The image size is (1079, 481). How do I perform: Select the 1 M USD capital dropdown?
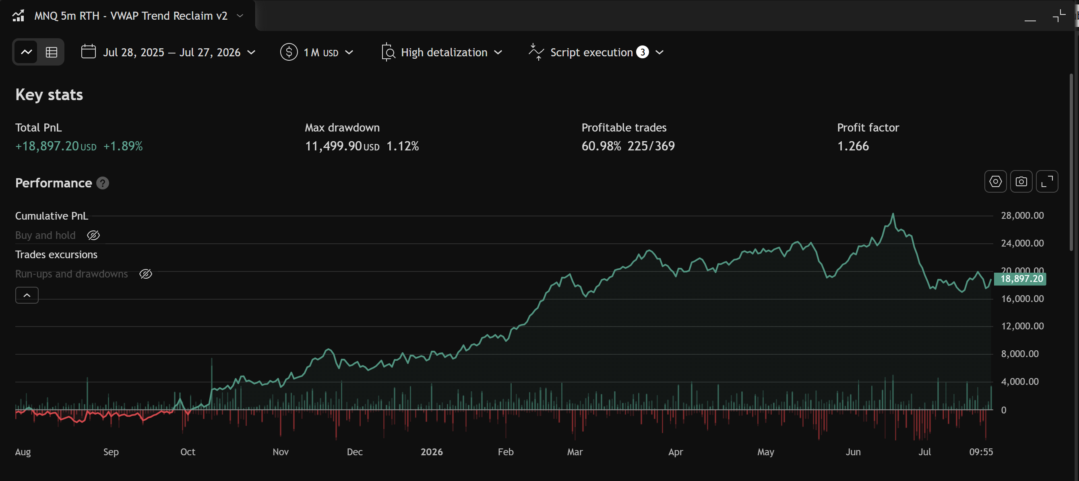pos(317,52)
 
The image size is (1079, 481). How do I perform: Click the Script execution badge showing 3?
pos(643,52)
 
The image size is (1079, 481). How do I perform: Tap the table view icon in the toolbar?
pos(52,52)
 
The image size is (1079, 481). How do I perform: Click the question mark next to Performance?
pos(103,183)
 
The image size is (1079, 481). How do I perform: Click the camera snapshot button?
pos(1021,181)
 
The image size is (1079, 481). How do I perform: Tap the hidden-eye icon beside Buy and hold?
pos(93,236)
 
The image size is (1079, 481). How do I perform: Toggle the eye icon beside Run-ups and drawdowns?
pos(146,274)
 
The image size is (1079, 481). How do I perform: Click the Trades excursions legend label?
pos(56,255)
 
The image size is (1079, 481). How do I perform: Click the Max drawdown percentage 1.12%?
pos(403,146)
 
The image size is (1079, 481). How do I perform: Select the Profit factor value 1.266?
pos(853,146)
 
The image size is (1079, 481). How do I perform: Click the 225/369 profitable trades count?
pos(651,146)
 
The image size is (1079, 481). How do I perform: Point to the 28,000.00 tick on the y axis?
pos(1022,216)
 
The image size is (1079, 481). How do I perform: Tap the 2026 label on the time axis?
pos(432,452)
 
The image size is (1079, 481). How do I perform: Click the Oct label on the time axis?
pos(188,452)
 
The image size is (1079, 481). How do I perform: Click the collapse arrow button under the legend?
pos(27,295)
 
